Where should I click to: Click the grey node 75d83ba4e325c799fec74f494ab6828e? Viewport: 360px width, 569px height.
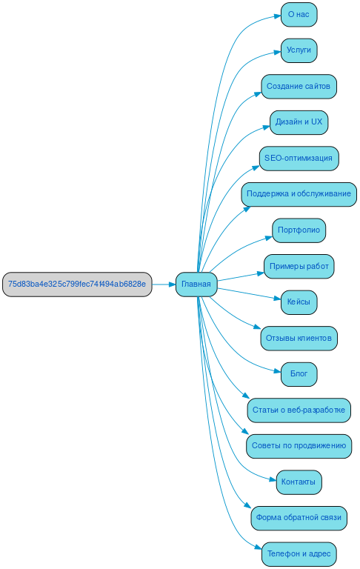click(77, 284)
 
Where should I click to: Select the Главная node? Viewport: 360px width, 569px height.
click(196, 284)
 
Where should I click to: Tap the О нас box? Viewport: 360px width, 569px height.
click(299, 14)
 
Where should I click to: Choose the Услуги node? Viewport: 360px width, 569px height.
click(299, 50)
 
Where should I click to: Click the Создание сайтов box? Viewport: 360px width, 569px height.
click(299, 86)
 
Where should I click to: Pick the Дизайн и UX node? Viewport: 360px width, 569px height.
click(299, 122)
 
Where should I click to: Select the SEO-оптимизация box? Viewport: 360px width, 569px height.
click(299, 158)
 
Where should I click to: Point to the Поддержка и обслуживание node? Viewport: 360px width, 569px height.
click(299, 194)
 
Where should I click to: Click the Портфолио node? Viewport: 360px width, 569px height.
click(299, 230)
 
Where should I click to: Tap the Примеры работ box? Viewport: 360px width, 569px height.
click(299, 266)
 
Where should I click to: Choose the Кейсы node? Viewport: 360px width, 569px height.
click(299, 302)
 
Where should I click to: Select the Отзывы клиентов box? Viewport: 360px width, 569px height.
click(299, 338)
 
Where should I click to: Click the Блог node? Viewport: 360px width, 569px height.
click(299, 373)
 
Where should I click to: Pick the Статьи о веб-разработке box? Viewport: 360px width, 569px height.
click(299, 410)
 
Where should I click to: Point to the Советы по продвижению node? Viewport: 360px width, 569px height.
click(299, 445)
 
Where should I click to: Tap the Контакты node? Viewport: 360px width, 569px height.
click(299, 482)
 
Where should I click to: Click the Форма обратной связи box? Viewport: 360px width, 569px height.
click(299, 517)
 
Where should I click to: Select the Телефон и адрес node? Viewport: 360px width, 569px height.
click(299, 553)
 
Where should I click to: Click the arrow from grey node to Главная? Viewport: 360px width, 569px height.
click(163, 284)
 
